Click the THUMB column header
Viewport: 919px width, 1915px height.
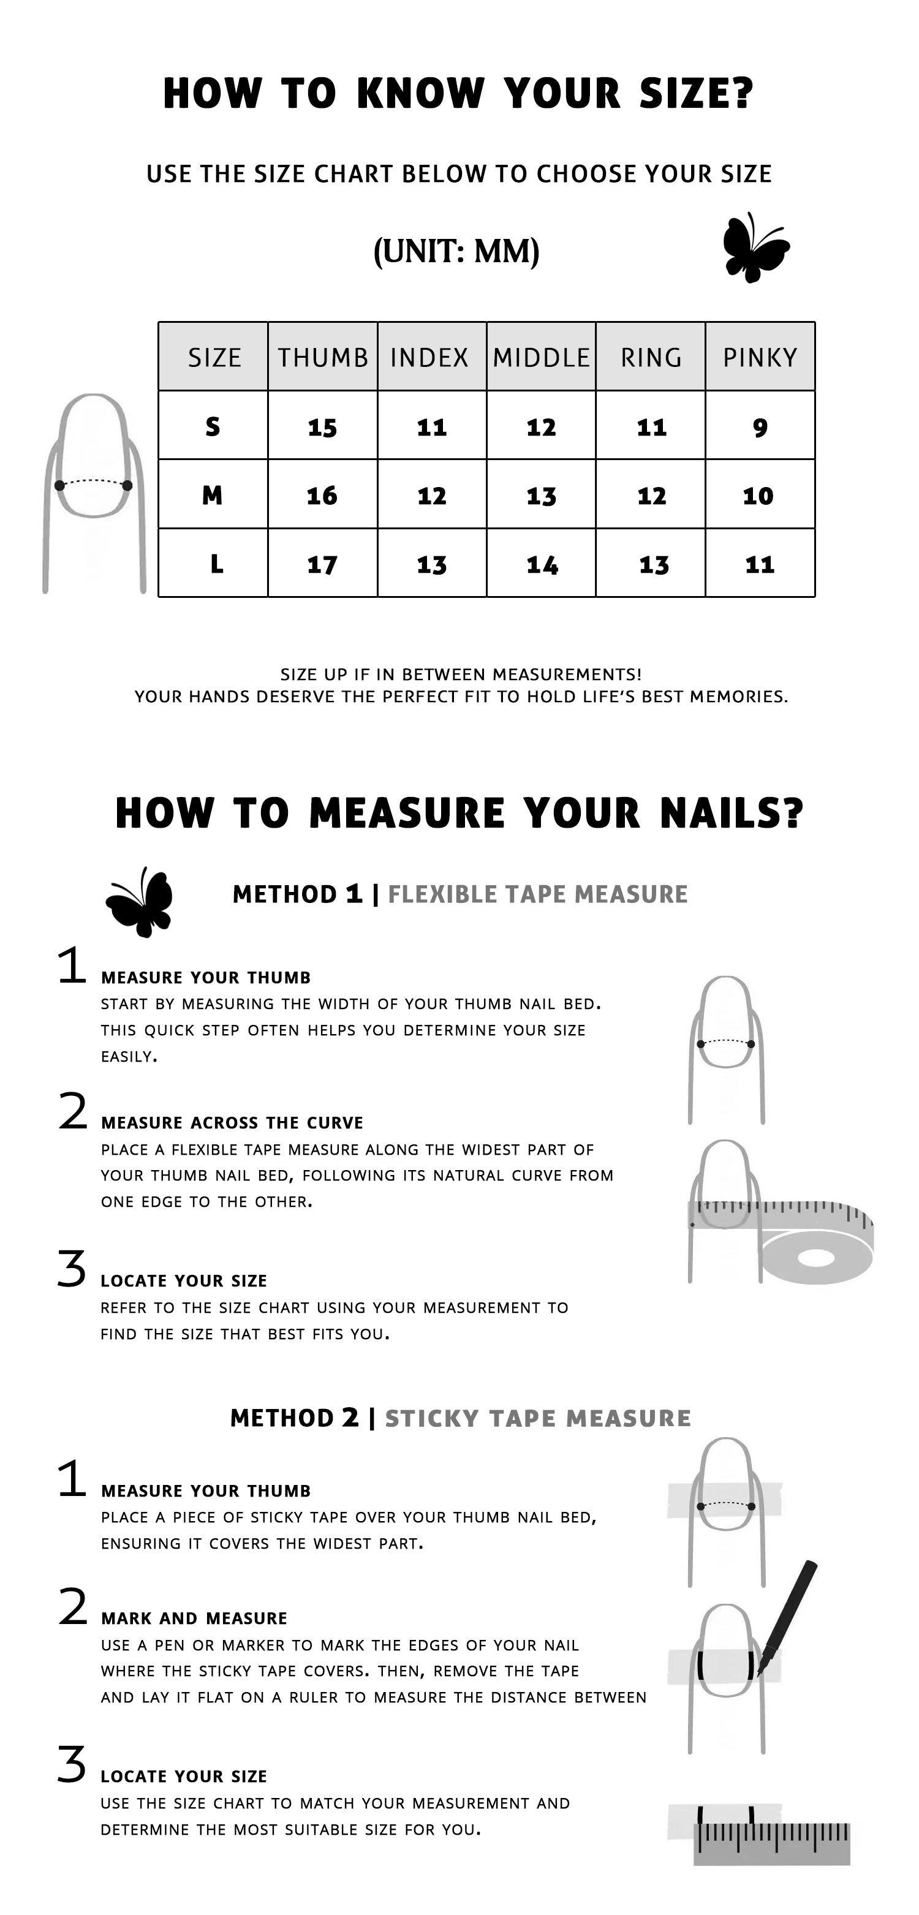pyautogui.click(x=323, y=358)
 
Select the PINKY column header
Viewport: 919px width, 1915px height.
pyautogui.click(x=760, y=358)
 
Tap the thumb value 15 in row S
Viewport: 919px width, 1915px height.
pyautogui.click(x=322, y=428)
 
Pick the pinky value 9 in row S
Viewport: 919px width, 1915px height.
pyautogui.click(x=760, y=428)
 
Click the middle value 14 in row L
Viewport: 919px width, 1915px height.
pyautogui.click(x=542, y=565)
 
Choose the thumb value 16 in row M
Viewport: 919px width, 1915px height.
pyautogui.click(x=322, y=496)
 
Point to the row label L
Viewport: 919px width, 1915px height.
pyautogui.click(x=216, y=564)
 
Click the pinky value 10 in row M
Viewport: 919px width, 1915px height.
pyautogui.click(x=758, y=496)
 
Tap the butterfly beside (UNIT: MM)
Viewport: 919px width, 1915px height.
pyautogui.click(x=756, y=247)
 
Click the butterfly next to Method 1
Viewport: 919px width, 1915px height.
pyautogui.click(x=140, y=902)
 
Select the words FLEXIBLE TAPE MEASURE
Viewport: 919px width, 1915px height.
pyautogui.click(x=537, y=894)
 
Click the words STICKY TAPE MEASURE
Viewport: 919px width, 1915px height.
pyautogui.click(x=537, y=1418)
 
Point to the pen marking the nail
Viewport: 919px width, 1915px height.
pyautogui.click(x=788, y=1616)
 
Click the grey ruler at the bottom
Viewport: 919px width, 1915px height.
pyautogui.click(x=772, y=1844)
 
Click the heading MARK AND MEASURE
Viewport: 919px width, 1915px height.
pyautogui.click(x=194, y=1618)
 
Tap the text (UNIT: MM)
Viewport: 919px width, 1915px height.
pyautogui.click(x=456, y=251)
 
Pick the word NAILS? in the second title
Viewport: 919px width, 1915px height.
pyautogui.click(x=732, y=812)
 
